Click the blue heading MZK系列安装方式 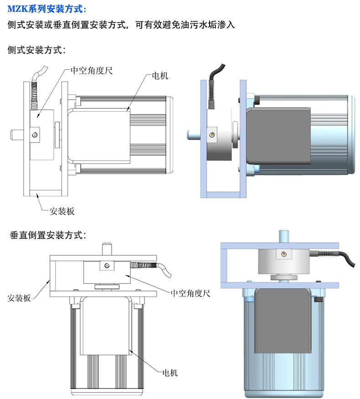point(46,9)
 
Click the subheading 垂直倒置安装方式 point(48,236)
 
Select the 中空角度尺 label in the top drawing point(92,71)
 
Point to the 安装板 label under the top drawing point(62,211)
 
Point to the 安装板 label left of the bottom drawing point(19,298)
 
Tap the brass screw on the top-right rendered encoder point(212,134)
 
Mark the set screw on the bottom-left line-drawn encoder point(107,266)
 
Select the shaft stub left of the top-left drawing point(17,134)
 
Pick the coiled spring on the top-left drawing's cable point(34,93)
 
